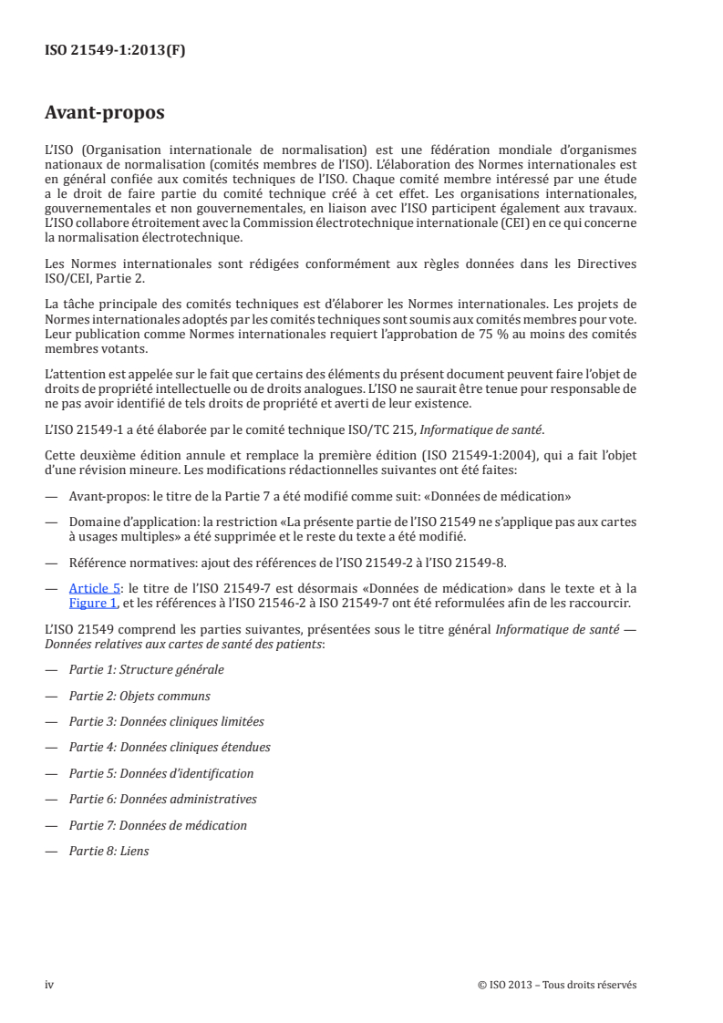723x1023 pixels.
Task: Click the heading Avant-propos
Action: (x=105, y=114)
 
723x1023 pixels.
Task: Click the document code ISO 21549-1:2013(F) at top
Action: (x=115, y=51)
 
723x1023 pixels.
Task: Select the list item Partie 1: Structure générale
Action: (x=146, y=669)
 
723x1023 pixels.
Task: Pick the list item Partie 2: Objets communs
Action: (x=139, y=696)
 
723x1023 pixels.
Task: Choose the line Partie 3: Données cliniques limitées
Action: (x=166, y=721)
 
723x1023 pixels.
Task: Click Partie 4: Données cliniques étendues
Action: (x=170, y=748)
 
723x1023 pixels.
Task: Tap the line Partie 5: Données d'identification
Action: (x=161, y=773)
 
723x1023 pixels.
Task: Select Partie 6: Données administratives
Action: (x=162, y=800)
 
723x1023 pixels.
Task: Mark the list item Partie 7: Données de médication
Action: (x=158, y=825)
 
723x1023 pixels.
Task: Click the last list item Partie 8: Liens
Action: (x=108, y=852)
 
